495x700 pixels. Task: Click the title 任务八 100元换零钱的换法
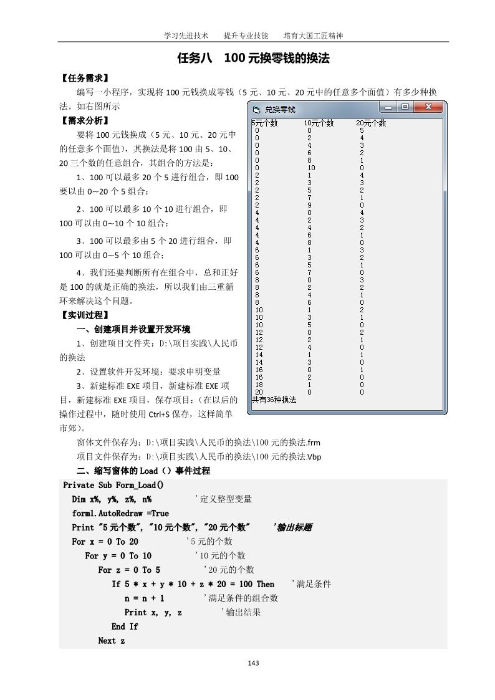coord(253,59)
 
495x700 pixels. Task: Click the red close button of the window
coord(428,107)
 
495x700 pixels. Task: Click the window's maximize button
coord(405,107)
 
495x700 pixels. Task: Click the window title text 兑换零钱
coord(280,109)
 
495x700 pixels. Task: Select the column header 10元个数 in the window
coord(319,123)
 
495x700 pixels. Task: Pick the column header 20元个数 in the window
coord(371,123)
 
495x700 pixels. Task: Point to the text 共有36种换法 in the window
coord(274,399)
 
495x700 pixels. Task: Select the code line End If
coord(125,626)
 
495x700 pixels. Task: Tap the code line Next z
coord(112,641)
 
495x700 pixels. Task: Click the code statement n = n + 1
coord(145,598)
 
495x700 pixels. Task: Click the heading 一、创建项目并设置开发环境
coord(133,329)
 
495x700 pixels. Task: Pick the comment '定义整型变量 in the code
coord(223,499)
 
